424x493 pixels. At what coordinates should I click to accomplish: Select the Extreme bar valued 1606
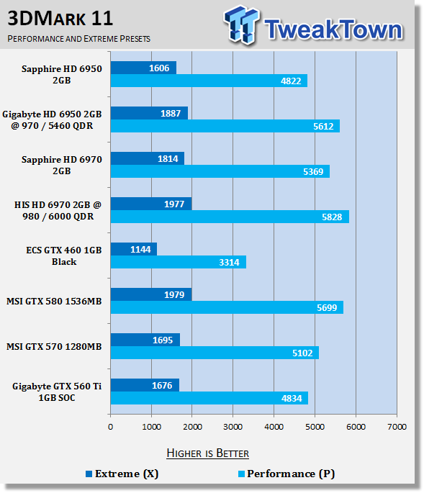[143, 68]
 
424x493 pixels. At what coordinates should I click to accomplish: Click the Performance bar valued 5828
[229, 217]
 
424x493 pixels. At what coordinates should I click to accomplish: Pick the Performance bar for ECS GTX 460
[178, 262]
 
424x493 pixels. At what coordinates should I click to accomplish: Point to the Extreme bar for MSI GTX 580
[150, 294]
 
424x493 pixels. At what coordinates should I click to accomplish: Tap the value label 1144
[140, 249]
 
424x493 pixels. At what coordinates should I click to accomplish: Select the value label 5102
[297, 353]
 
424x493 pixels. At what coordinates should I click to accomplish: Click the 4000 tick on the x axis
[274, 427]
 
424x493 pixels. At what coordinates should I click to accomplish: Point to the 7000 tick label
[397, 427]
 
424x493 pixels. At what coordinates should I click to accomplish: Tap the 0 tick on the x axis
[110, 427]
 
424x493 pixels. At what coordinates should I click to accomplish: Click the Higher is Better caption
[207, 453]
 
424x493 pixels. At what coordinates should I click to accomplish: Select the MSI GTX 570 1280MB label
[54, 346]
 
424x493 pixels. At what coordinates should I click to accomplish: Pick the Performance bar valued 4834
[209, 398]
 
